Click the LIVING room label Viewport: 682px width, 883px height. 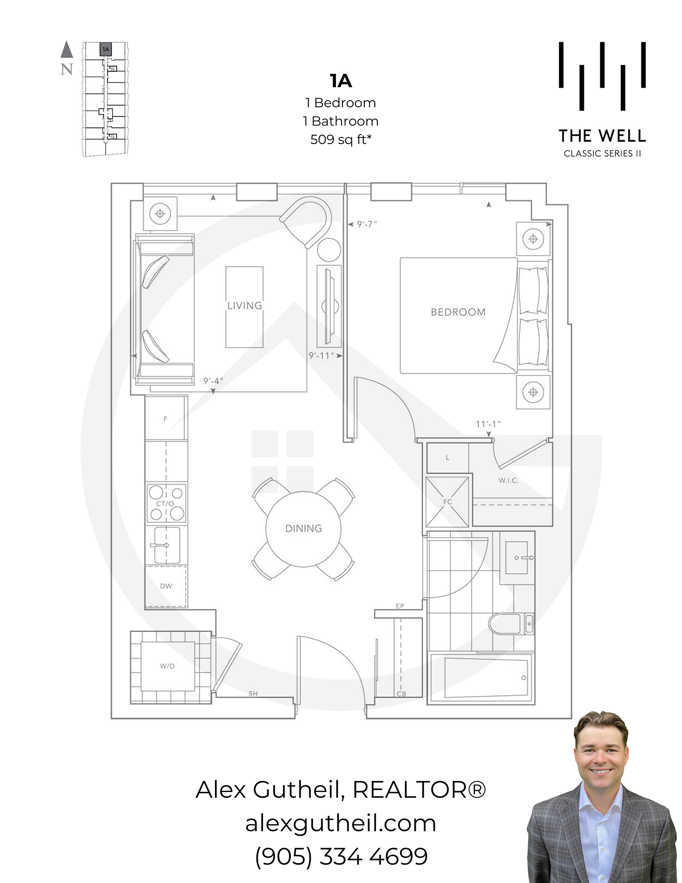(245, 306)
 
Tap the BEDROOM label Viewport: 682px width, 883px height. (458, 312)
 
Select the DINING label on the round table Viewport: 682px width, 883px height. (304, 528)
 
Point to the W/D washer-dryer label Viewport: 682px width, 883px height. (167, 666)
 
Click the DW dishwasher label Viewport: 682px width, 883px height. (166, 586)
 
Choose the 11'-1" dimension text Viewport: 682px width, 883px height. (488, 424)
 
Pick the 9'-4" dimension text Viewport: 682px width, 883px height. (213, 381)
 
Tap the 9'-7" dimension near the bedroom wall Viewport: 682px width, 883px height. (367, 224)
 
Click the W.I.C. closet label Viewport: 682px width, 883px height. (509, 481)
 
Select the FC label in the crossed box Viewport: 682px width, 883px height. (448, 502)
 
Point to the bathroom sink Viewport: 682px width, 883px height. (517, 558)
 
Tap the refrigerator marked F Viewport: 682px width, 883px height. (165, 418)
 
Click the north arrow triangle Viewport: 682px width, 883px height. (67, 49)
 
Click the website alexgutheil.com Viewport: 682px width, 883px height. (341, 823)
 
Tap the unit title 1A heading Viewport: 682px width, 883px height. (341, 81)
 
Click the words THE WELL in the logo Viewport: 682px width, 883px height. (602, 136)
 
